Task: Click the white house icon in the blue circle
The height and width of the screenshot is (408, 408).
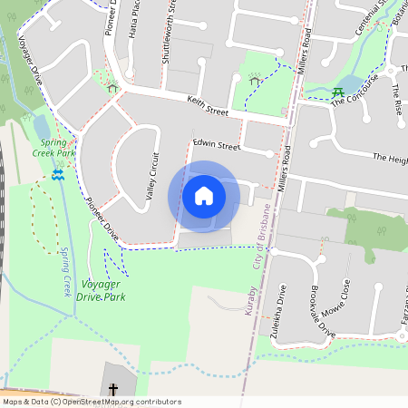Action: (x=204, y=196)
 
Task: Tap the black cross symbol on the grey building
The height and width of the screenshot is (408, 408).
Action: (x=113, y=390)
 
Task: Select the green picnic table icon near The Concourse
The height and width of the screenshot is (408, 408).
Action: (x=337, y=92)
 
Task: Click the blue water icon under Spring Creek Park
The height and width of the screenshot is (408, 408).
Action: (x=58, y=174)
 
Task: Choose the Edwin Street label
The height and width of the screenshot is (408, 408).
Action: (x=217, y=146)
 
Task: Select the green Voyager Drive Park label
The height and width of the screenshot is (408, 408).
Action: (x=102, y=290)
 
